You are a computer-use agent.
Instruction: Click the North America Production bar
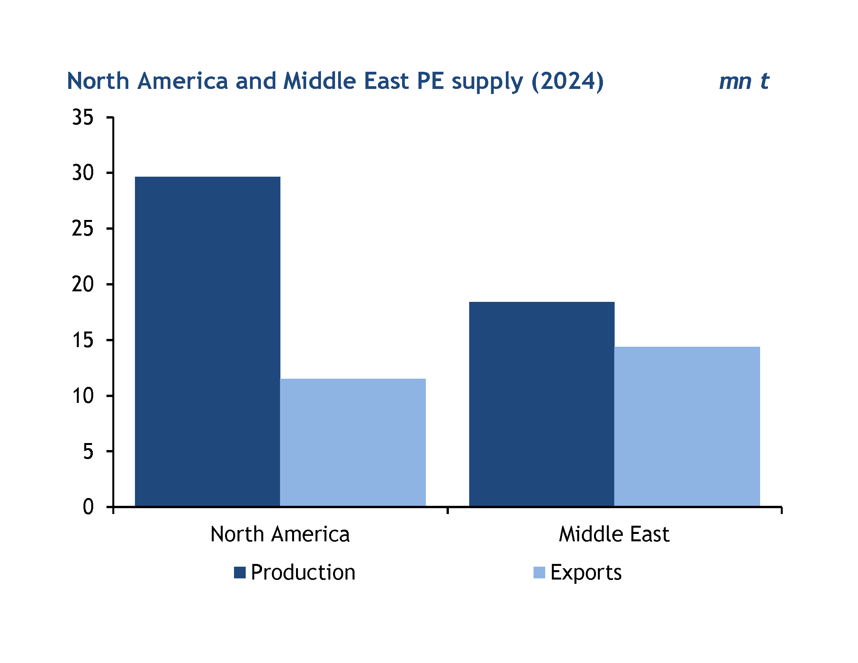tap(207, 342)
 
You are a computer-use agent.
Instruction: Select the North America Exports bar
tap(353, 443)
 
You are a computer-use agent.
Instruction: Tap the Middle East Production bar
tap(542, 404)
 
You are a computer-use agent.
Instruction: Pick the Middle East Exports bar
tap(687, 427)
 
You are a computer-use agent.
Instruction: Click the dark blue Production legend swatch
tap(239, 573)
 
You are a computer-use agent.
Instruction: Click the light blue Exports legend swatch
tap(539, 573)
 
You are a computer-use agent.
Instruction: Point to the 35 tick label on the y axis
tap(83, 117)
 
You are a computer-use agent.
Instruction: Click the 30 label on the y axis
tap(83, 173)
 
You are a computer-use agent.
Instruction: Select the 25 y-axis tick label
tap(83, 229)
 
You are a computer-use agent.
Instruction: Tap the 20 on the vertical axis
tap(83, 284)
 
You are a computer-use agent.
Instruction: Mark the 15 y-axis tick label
tap(83, 340)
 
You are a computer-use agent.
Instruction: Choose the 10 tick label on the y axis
tap(83, 396)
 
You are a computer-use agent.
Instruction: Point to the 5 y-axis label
tap(88, 452)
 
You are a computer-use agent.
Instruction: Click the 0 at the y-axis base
tap(88, 507)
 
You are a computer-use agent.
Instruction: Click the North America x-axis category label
tap(280, 535)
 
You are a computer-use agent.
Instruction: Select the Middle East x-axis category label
tap(614, 535)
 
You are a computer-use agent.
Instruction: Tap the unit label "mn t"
tap(744, 82)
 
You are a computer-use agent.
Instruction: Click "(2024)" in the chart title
tap(567, 82)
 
